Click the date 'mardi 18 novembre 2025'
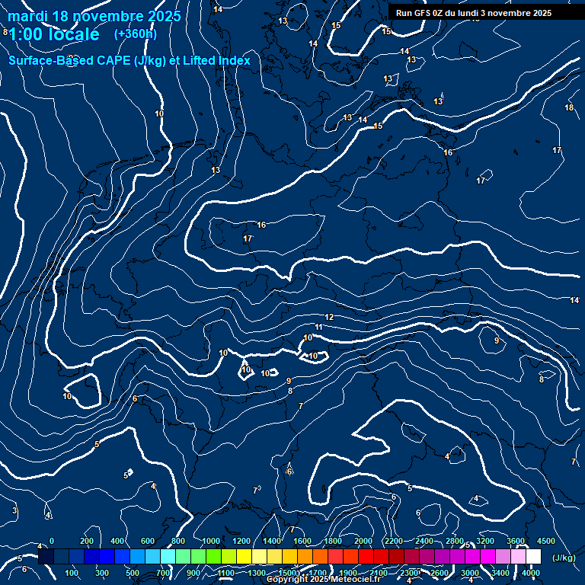coord(94,16)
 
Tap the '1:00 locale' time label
coord(53,34)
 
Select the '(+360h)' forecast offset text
coord(136,34)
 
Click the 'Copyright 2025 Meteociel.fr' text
coord(328,580)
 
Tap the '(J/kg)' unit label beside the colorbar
coord(563,558)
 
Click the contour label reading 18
coord(569,107)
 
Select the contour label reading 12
coord(330,317)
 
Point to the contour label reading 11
coord(319,327)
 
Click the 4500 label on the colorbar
coord(546,541)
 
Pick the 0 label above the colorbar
coord(52,541)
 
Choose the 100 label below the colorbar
coord(72,573)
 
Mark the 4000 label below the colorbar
coord(532,573)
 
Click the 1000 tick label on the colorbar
coord(211,541)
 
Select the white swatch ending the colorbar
coord(533,557)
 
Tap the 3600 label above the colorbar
coord(516,541)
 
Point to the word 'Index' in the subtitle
coord(233,60)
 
